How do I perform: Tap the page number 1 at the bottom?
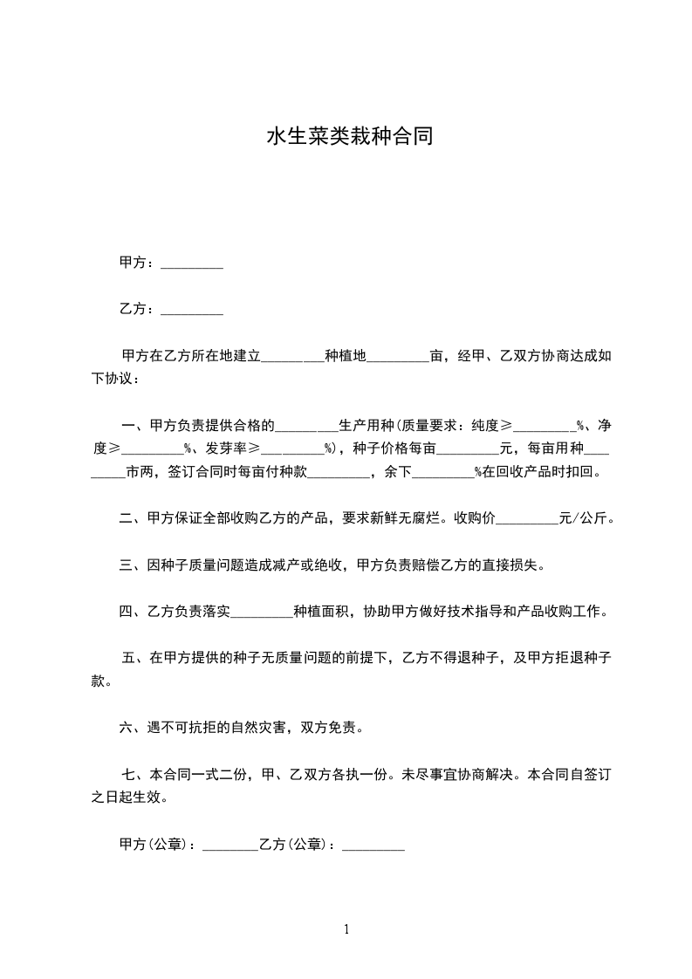pyautogui.click(x=346, y=929)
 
